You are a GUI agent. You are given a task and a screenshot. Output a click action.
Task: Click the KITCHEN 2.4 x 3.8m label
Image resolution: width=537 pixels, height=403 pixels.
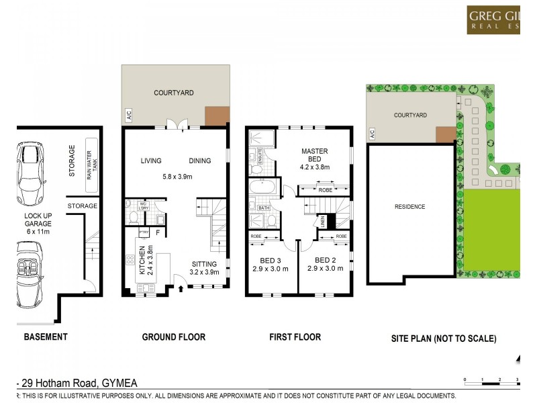(x=147, y=261)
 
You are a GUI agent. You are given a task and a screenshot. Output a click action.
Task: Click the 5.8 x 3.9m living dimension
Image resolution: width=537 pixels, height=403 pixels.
(x=175, y=177)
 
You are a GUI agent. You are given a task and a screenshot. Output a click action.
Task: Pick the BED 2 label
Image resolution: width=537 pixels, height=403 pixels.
(x=325, y=264)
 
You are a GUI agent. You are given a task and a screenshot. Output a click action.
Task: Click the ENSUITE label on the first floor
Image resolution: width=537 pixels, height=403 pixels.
(x=258, y=156)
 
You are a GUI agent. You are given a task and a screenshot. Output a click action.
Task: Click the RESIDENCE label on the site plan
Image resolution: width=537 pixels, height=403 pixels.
(x=409, y=207)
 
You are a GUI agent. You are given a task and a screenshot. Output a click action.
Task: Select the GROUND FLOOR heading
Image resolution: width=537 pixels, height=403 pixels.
(x=174, y=337)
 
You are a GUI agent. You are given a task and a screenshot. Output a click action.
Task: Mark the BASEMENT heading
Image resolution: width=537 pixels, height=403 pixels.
(x=46, y=337)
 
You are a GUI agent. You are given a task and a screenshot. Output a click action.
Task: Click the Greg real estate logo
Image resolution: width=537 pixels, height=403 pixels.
(x=493, y=19)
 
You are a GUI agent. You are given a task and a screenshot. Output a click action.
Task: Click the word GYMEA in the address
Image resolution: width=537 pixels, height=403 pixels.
(x=121, y=384)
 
